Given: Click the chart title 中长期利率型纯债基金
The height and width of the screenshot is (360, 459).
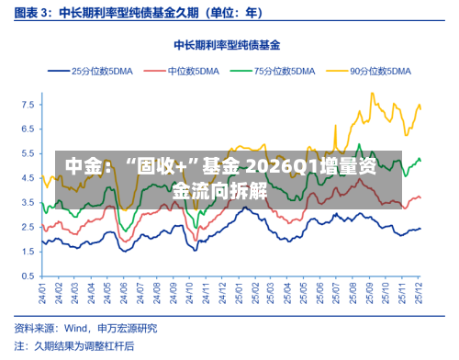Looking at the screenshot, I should click(228, 44).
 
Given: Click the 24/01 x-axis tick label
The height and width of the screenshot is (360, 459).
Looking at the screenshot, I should click(42, 294).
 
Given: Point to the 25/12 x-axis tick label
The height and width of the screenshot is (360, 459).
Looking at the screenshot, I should click(420, 294).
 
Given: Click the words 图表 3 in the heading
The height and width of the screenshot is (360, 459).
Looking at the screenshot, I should click(29, 13).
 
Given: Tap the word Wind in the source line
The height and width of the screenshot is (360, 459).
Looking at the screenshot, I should click(78, 328).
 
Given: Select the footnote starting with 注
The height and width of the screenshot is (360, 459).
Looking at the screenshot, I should click(73, 346).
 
